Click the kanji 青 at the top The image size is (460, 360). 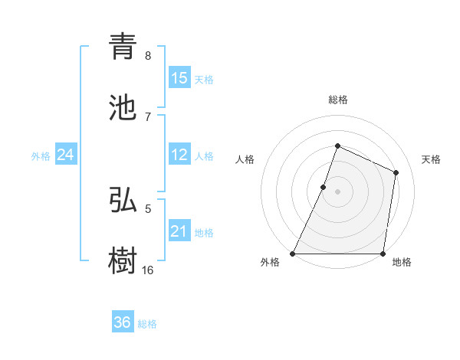click(123, 47)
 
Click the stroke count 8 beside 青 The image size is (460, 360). click(148, 55)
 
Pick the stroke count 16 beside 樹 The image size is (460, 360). click(148, 270)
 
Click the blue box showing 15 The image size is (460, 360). click(179, 77)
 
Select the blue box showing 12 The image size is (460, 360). click(179, 155)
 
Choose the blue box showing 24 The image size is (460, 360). click(66, 155)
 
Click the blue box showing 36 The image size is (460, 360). click(123, 322)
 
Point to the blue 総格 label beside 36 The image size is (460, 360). click(147, 324)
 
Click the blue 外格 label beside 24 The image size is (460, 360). click(41, 156)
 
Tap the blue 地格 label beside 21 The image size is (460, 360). click(204, 233)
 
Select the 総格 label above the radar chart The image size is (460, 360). click(337, 100)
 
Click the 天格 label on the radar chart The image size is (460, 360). click(431, 159)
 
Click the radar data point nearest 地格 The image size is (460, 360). click(383, 254)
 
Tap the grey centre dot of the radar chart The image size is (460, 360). click(337, 191)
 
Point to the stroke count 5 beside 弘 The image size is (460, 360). click(148, 208)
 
